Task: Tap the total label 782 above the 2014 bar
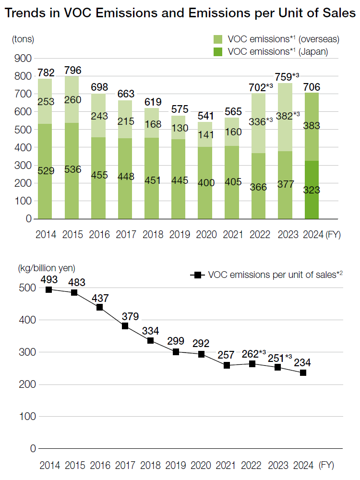click(x=46, y=73)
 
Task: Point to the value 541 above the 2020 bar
click(x=205, y=116)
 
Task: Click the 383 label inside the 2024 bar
click(x=312, y=126)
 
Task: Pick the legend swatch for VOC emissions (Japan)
click(x=218, y=51)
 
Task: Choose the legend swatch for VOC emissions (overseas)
click(x=218, y=39)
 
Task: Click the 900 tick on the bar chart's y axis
click(x=22, y=59)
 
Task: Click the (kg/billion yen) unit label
click(x=47, y=268)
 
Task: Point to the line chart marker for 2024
click(x=303, y=372)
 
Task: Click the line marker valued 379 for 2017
click(x=125, y=326)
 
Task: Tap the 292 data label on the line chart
click(x=201, y=344)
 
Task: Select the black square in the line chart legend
click(x=195, y=275)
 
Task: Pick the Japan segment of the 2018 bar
click(x=152, y=180)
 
